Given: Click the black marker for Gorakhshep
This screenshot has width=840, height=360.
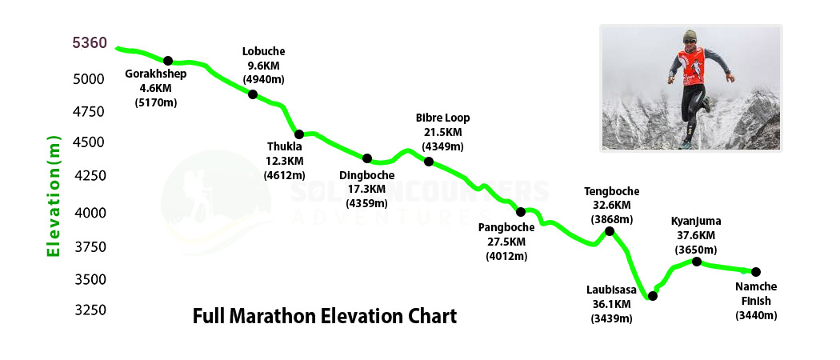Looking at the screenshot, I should [168, 61].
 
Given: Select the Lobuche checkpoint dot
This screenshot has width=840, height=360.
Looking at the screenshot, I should [253, 94].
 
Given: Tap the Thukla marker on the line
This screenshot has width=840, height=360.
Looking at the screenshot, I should [299, 134].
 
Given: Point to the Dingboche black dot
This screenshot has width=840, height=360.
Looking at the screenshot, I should [367, 158].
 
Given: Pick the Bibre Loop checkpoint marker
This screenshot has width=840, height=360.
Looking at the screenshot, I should [429, 162].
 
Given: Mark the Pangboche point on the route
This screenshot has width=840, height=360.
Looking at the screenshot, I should [521, 212].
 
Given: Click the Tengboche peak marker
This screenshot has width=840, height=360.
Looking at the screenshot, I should [610, 231].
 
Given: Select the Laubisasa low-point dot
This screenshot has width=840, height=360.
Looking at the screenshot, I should [653, 296].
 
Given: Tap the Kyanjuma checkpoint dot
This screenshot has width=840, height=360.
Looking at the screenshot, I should [697, 262].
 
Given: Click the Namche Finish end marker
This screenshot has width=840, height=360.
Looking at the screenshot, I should [756, 272].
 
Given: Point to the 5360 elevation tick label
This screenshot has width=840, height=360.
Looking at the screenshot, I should [90, 43].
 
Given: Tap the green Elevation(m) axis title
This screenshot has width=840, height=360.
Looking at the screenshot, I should [54, 196].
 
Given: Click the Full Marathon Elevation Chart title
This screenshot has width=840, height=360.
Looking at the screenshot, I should [325, 316].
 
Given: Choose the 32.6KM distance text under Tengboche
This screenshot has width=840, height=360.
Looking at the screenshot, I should [612, 205].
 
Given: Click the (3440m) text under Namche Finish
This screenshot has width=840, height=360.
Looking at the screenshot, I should [756, 316].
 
